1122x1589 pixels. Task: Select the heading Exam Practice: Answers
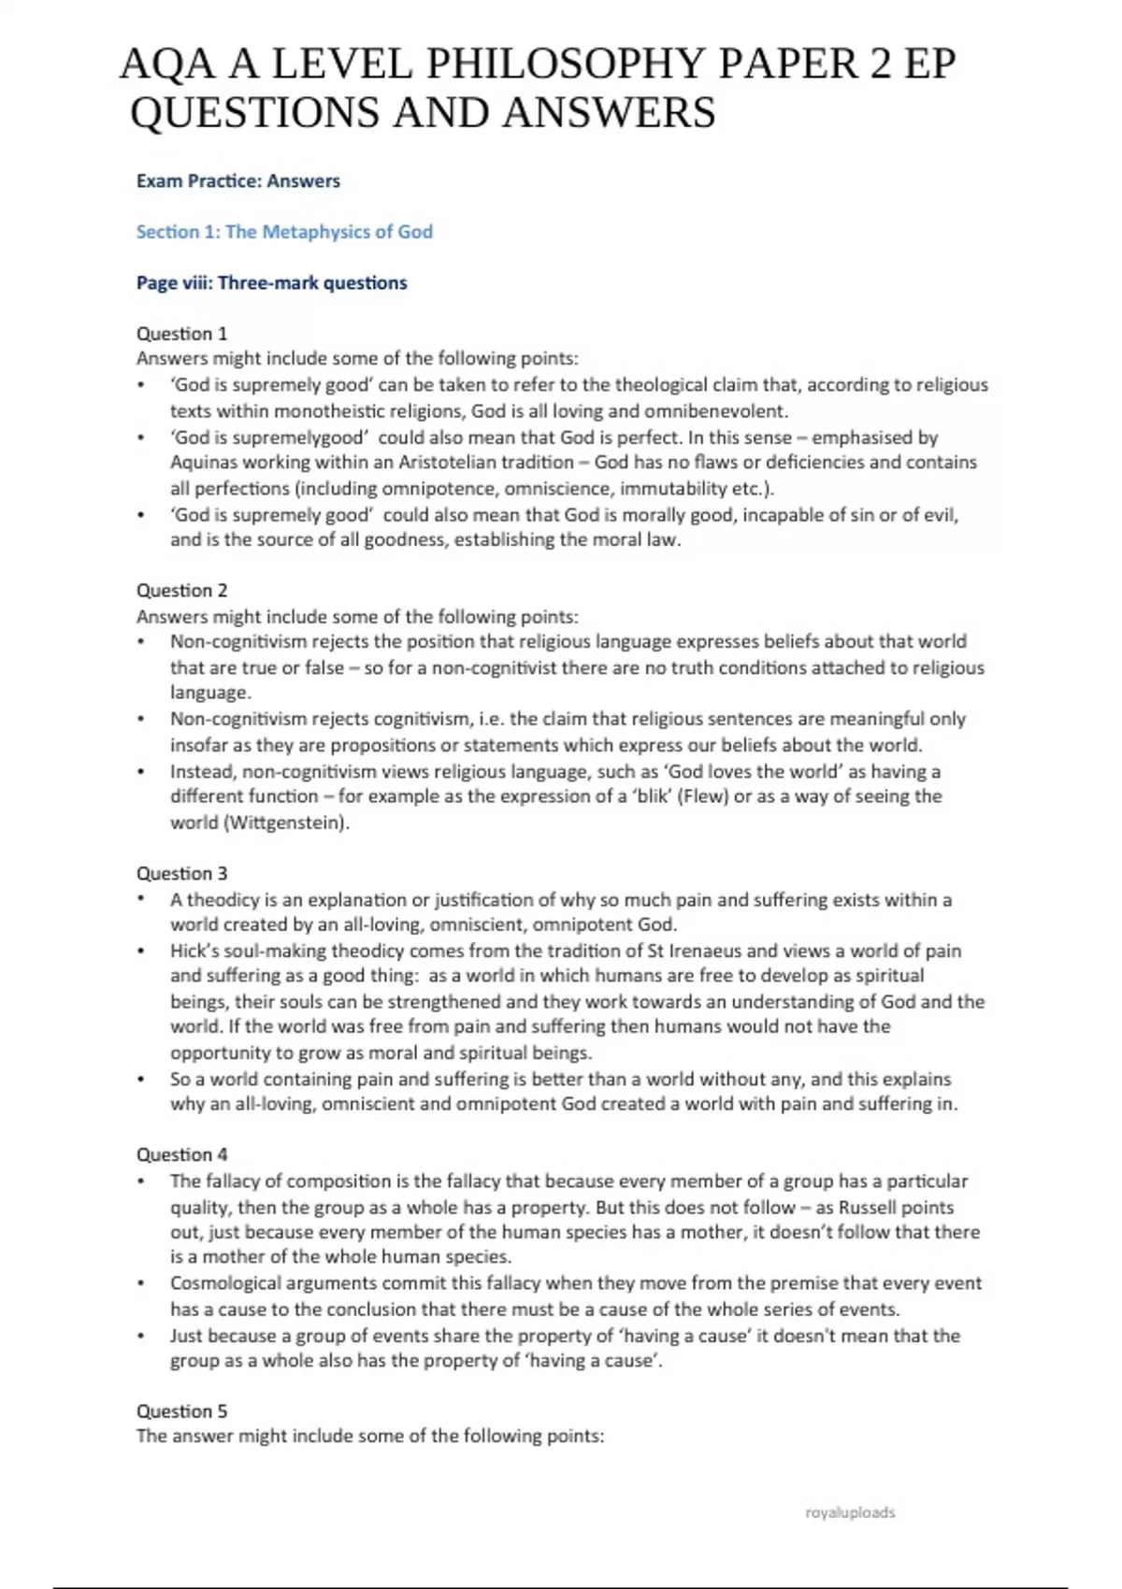coord(238,181)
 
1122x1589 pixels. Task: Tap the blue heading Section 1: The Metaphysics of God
coord(284,232)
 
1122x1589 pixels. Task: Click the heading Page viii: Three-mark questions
coord(271,283)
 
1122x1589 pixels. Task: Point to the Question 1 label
coord(181,334)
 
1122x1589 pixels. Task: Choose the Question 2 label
coord(181,591)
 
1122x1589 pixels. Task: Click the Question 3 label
coord(181,874)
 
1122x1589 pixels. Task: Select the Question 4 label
coord(181,1155)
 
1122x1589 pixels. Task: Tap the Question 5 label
coord(181,1411)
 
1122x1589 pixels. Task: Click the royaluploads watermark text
coord(850,1512)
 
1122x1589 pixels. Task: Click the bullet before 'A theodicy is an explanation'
coord(141,900)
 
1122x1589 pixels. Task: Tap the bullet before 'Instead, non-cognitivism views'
coord(141,772)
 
